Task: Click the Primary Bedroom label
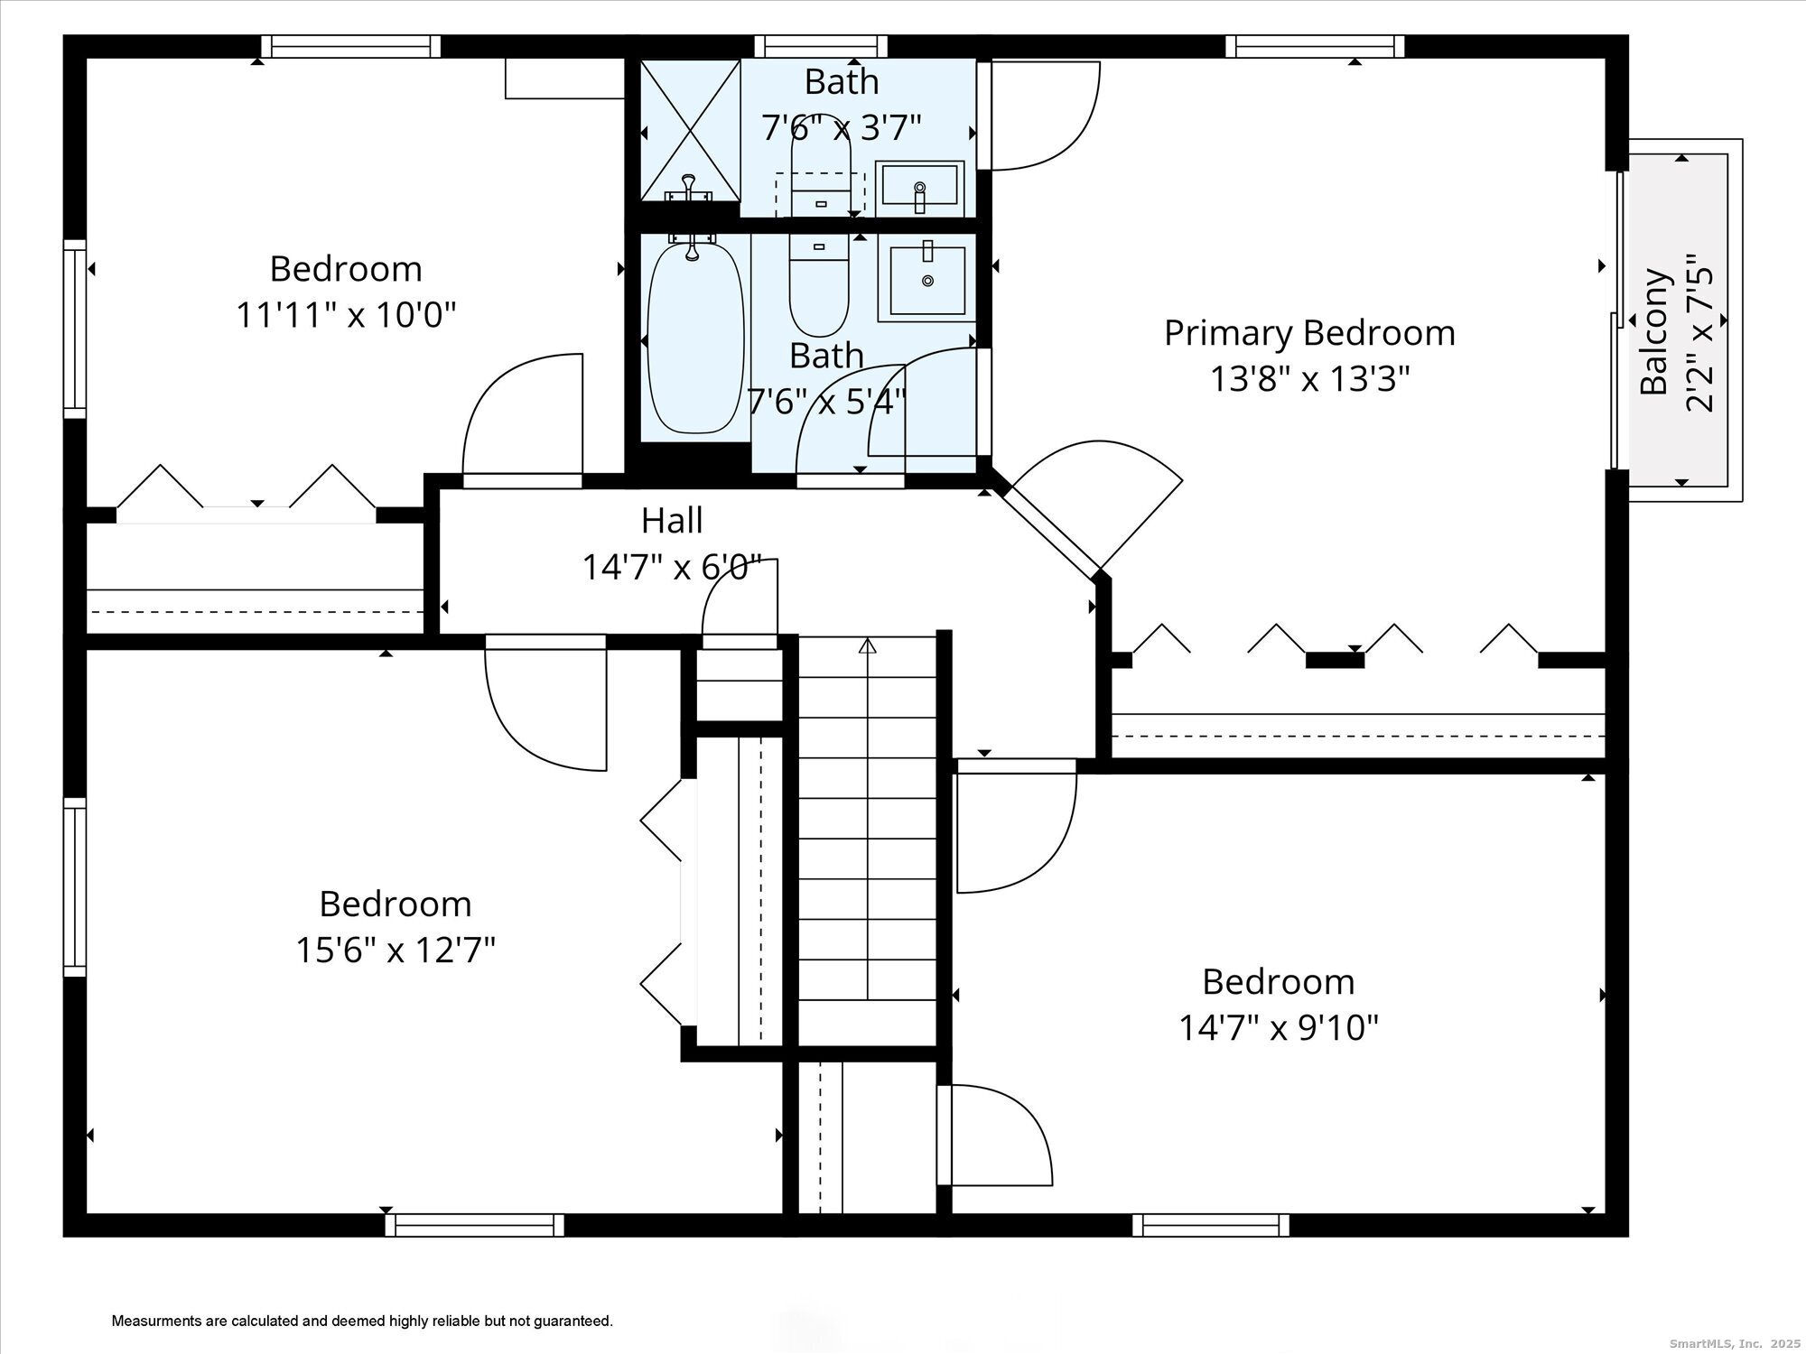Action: coord(1309,334)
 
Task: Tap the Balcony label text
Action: coord(1654,331)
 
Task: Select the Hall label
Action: coord(672,521)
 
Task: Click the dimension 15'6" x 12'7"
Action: coord(396,950)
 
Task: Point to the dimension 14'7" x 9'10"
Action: coord(1279,1027)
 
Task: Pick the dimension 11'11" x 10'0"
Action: coord(347,316)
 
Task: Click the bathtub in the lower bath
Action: coord(696,337)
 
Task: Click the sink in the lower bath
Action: coord(928,276)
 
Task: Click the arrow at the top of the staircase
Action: coord(868,645)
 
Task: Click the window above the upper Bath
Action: coord(821,46)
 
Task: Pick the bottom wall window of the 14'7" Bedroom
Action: coord(1211,1225)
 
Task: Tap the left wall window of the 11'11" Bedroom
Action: coord(75,329)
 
